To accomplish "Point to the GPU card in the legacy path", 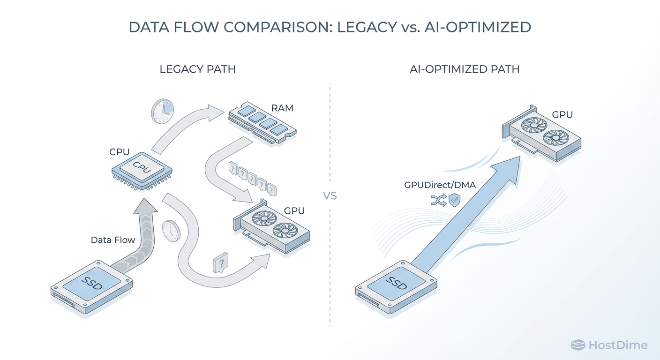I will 272,227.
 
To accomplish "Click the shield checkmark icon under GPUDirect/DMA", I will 454,201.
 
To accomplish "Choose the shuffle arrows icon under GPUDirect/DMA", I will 437,201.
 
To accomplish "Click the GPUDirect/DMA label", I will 440,185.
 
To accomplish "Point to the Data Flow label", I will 113,240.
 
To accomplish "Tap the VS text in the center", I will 330,195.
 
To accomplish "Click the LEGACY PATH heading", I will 197,69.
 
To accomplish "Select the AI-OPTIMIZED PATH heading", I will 464,69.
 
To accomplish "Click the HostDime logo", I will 609,345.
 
